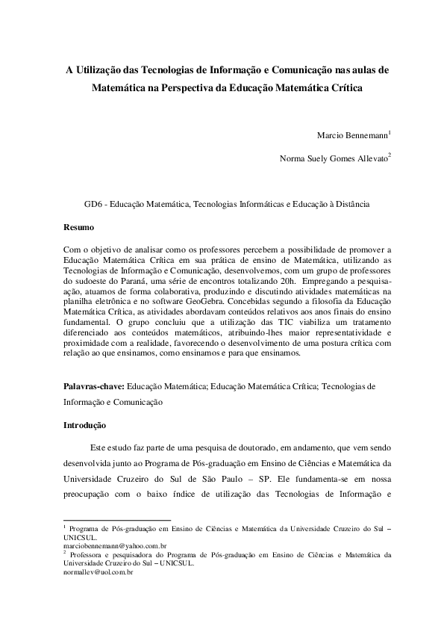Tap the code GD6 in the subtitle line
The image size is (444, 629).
tap(93, 202)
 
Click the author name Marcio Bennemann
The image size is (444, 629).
tap(352, 137)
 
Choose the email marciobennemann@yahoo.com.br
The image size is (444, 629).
tap(115, 547)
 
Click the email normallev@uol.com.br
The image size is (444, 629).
tap(99, 571)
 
